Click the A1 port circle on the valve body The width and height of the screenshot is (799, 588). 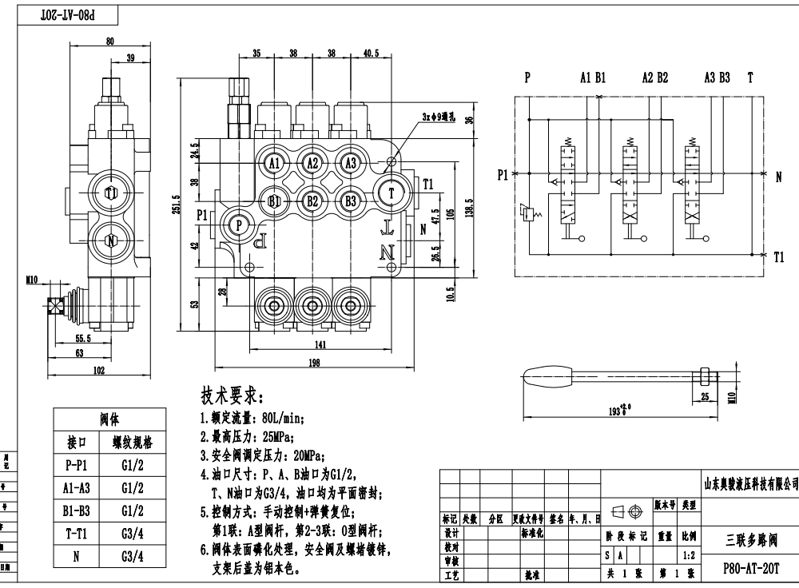pyautogui.click(x=273, y=164)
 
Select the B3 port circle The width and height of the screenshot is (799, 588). pyautogui.click(x=350, y=201)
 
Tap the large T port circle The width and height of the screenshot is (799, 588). pyautogui.click(x=392, y=193)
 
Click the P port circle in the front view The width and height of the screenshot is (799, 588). pyautogui.click(x=238, y=225)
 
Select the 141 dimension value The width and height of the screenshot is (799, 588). pyautogui.click(x=319, y=345)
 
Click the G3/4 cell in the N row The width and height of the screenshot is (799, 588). pyautogui.click(x=133, y=557)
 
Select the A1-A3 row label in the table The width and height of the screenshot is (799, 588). pyautogui.click(x=75, y=487)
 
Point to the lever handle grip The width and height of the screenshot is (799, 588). pyautogui.click(x=552, y=375)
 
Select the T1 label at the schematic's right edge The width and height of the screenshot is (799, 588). pyautogui.click(x=779, y=257)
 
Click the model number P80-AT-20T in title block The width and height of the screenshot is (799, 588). pyautogui.click(x=749, y=569)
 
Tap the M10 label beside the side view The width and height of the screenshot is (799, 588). pyautogui.click(x=33, y=279)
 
